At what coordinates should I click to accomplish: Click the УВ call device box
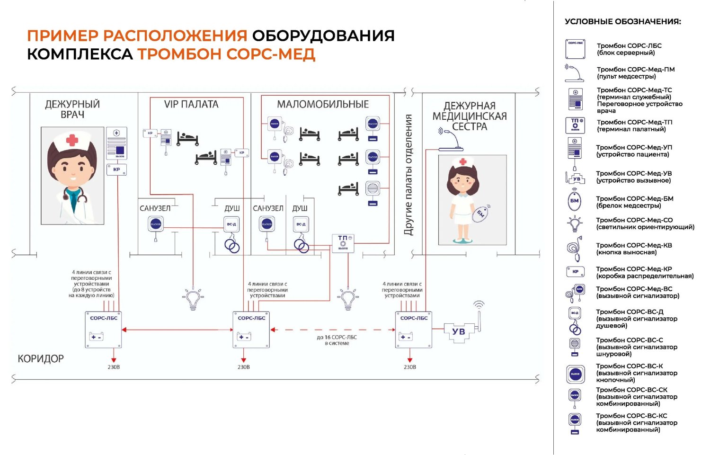click(458, 332)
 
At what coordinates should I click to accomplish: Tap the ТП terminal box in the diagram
click(343, 243)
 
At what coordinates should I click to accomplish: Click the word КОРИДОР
click(41, 359)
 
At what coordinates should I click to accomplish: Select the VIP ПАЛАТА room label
click(191, 104)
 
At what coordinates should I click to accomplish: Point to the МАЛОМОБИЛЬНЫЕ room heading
click(323, 104)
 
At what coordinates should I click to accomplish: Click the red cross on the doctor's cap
click(72, 140)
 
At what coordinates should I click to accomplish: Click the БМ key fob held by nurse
click(480, 214)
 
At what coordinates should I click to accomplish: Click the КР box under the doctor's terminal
click(116, 170)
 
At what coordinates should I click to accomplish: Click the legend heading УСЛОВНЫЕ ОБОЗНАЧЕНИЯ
click(623, 22)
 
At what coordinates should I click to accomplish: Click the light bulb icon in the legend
click(575, 223)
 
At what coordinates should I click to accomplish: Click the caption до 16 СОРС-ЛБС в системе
click(337, 340)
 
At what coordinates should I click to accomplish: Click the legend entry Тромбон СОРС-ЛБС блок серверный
click(629, 49)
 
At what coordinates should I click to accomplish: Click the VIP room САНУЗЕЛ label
click(155, 208)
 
